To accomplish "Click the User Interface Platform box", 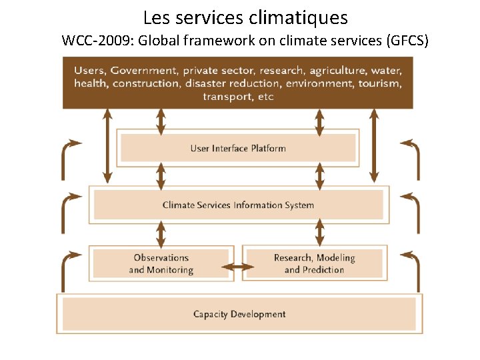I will pyautogui.click(x=238, y=148).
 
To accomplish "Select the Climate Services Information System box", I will pyautogui.click(x=238, y=205).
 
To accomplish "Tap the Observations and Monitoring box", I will pyautogui.click(x=161, y=263).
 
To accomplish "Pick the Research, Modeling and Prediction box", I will pyautogui.click(x=314, y=263).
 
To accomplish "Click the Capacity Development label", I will pyautogui.click(x=239, y=314).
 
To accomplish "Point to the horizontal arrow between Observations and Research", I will pyautogui.click(x=238, y=268).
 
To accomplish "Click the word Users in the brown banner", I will pyautogui.click(x=89, y=71).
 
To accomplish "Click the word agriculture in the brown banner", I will pyautogui.click(x=337, y=71).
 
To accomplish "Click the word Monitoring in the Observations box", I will pyautogui.click(x=170, y=270).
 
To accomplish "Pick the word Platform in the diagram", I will pyautogui.click(x=269, y=148).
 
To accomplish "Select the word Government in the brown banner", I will pyautogui.click(x=144, y=71).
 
